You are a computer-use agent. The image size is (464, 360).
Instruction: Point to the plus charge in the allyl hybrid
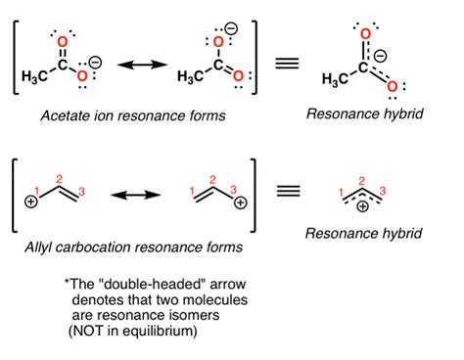[365, 207]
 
